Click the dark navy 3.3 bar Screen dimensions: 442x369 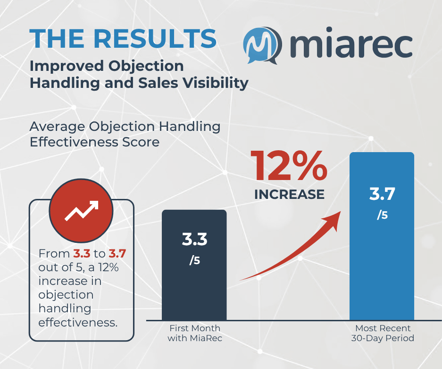pyautogui.click(x=194, y=265)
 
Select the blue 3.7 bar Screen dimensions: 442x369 pyautogui.click(x=382, y=236)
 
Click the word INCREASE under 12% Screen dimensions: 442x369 pyautogui.click(x=289, y=195)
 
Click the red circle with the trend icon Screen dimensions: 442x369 pyautogui.click(x=81, y=211)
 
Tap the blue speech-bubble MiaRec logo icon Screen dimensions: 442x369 pyautogui.click(x=263, y=45)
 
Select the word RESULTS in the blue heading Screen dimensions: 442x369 pyautogui.click(x=155, y=39)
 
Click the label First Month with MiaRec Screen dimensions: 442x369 pyautogui.click(x=195, y=333)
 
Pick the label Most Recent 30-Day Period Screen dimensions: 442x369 pyautogui.click(x=383, y=333)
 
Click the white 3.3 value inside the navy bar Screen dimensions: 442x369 pyautogui.click(x=194, y=239)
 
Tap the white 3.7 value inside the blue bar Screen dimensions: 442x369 pyautogui.click(x=382, y=194)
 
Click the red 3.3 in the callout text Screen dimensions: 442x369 pyautogui.click(x=82, y=254)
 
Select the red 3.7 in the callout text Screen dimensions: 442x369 pyautogui.click(x=117, y=254)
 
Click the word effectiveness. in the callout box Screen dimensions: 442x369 pyautogui.click(x=78, y=322)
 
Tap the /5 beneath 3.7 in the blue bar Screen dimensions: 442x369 pyautogui.click(x=382, y=215)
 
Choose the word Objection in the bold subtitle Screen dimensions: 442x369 pyautogui.click(x=146, y=67)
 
